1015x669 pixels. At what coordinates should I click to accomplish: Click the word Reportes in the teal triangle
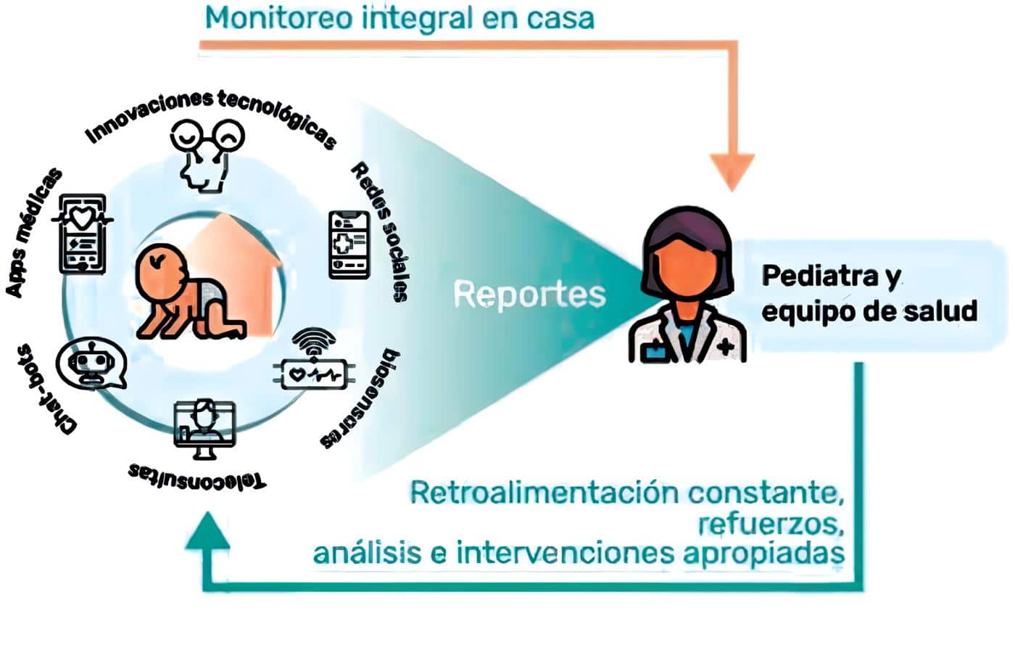point(529,295)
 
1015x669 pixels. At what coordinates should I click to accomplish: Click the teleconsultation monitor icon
point(204,428)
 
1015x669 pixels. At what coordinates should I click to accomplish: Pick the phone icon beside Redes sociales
point(349,245)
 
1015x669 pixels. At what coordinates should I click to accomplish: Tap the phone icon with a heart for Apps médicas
point(83,233)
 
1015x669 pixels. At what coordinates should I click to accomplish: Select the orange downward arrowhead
point(732,171)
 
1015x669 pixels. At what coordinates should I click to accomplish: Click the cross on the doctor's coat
point(726,348)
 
